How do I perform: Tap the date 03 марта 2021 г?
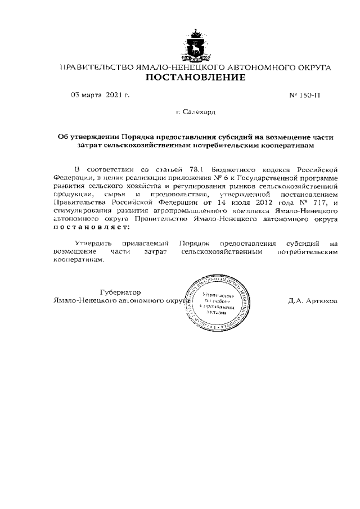[100, 95]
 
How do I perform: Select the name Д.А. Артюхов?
[313, 301]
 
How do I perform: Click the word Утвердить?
[93, 244]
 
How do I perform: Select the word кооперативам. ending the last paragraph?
[79, 260]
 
